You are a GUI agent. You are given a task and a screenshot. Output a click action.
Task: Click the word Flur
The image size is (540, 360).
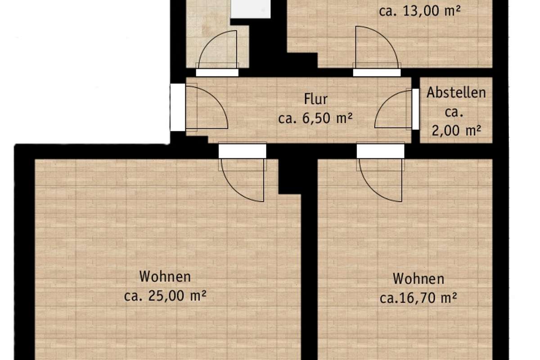pyautogui.click(x=315, y=99)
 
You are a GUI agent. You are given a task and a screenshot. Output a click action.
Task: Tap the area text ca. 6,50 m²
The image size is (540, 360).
pyautogui.click(x=315, y=118)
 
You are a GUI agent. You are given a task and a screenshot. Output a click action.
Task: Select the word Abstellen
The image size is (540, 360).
pyautogui.click(x=456, y=93)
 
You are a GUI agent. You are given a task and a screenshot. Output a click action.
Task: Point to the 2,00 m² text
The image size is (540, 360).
pyautogui.click(x=456, y=130)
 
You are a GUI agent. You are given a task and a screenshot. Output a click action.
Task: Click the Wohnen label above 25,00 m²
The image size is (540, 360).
pyautogui.click(x=165, y=277)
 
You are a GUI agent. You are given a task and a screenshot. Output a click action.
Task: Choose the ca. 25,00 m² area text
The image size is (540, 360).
pyautogui.click(x=165, y=296)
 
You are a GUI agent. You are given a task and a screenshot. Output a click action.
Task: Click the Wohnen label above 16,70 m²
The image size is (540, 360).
pyautogui.click(x=418, y=279)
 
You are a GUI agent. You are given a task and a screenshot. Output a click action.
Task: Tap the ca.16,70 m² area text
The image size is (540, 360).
pyautogui.click(x=418, y=298)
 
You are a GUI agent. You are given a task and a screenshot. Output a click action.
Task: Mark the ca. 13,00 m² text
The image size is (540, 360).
pyautogui.click(x=420, y=11)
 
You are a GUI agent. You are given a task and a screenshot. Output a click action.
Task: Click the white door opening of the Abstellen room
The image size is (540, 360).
pyautogui.click(x=415, y=109)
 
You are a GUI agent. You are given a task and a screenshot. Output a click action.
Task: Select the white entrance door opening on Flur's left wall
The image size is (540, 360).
pyautogui.click(x=178, y=107)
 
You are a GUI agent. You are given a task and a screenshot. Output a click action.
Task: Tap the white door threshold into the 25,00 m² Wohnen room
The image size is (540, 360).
pyautogui.click(x=242, y=151)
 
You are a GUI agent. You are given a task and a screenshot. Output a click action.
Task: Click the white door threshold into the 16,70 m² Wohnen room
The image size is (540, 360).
pyautogui.click(x=380, y=151)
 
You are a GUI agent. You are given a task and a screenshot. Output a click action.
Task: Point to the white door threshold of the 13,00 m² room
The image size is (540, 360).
pyautogui.click(x=377, y=72)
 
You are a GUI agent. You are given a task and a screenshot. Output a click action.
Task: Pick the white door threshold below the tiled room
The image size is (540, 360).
pyautogui.click(x=217, y=72)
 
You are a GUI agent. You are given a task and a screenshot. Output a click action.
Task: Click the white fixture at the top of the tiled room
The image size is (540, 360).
pyautogui.click(x=251, y=9)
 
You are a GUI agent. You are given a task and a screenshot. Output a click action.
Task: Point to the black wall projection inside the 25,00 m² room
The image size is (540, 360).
pyautogui.click(x=290, y=176)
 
